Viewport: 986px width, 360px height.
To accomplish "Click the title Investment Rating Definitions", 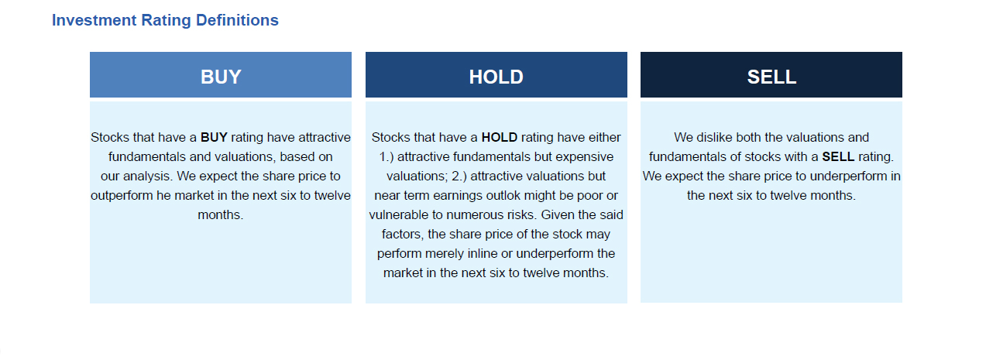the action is coord(165,20).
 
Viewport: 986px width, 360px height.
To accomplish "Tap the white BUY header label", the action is coord(221,77).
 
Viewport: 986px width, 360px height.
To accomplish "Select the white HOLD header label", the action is coord(496,77).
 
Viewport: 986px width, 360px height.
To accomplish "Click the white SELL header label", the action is coord(771,77).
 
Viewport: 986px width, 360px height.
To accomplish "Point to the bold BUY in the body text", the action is coord(214,137).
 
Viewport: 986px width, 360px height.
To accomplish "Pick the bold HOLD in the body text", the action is coord(499,137).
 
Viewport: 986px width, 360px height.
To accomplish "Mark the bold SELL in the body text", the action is coord(838,156).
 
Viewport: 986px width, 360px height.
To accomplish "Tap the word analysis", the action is coord(149,177).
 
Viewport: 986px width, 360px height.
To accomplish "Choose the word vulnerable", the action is coord(398,214).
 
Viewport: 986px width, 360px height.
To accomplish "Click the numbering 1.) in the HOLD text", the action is coord(386,156).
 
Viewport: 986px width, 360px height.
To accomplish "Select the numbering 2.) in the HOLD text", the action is coord(459,176).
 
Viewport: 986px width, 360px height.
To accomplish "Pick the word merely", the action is coord(441,254).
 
